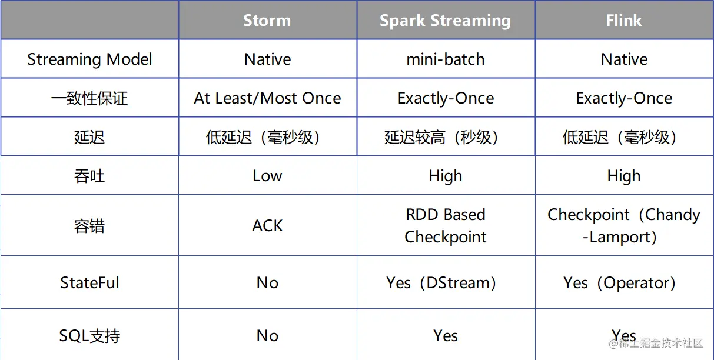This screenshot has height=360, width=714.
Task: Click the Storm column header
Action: (x=267, y=21)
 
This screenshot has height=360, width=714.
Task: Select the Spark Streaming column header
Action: (x=446, y=21)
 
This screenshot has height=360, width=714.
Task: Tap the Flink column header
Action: (x=624, y=21)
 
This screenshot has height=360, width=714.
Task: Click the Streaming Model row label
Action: (x=89, y=59)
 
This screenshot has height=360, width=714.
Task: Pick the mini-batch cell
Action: (x=446, y=59)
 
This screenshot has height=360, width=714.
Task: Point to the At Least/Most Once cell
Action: (x=267, y=98)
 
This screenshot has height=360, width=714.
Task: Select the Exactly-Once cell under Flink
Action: (x=624, y=98)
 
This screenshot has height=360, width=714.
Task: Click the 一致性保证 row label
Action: (x=89, y=98)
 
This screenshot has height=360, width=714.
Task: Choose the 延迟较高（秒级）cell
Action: (x=441, y=137)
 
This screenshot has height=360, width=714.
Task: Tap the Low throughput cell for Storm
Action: (x=267, y=176)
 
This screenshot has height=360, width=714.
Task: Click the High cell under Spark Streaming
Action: (x=446, y=176)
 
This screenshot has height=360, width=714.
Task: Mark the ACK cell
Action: (x=267, y=225)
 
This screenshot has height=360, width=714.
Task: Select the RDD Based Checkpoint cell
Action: (x=446, y=225)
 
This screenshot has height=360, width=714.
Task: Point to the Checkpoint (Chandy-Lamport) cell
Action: (x=624, y=225)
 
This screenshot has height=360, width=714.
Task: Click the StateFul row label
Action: (x=89, y=282)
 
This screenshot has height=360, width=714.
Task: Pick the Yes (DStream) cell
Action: (x=441, y=283)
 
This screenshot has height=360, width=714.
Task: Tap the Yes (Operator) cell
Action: (x=620, y=283)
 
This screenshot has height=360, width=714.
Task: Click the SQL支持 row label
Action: (x=89, y=336)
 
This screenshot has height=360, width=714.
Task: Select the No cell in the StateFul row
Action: (x=267, y=283)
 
